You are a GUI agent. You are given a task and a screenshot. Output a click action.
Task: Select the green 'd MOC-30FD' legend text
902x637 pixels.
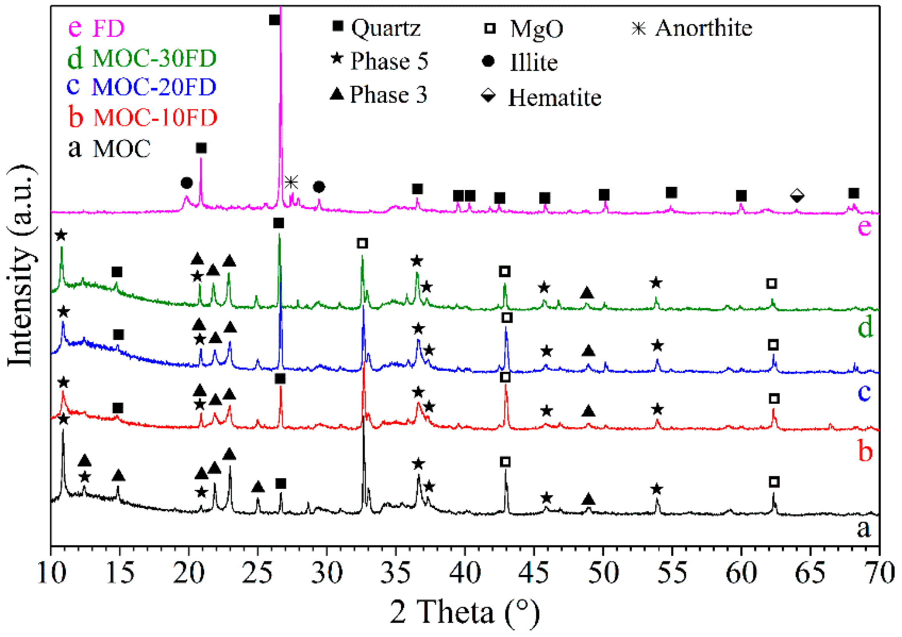click(x=142, y=58)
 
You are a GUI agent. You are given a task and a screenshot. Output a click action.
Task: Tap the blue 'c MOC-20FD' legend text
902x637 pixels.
click(x=142, y=87)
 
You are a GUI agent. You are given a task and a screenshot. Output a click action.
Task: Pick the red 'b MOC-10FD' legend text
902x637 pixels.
click(x=143, y=117)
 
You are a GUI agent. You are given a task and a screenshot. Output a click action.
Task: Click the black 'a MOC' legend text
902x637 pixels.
click(x=109, y=148)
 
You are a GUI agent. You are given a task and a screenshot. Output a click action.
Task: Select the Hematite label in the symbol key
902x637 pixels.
click(x=554, y=98)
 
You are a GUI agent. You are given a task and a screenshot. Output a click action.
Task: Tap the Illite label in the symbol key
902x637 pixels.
click(x=533, y=62)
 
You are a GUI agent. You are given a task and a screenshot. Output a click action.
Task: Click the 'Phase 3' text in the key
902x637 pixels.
click(x=388, y=95)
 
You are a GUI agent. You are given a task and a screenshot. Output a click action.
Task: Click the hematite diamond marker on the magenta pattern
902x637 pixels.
click(x=797, y=195)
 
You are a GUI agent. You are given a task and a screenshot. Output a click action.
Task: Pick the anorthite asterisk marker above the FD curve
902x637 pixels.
click(x=291, y=182)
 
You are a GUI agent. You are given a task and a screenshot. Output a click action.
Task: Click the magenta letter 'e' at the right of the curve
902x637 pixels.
click(x=864, y=227)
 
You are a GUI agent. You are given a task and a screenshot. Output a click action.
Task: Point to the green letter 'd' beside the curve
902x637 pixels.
click(x=865, y=327)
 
